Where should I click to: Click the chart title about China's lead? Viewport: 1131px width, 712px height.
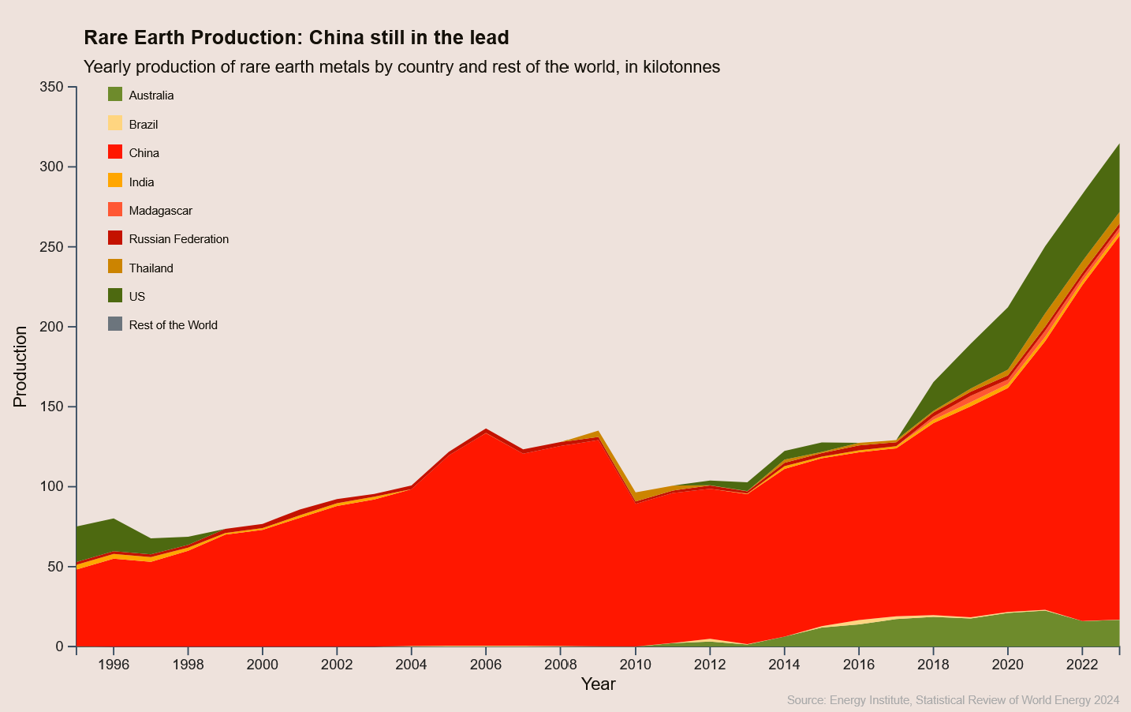[296, 37]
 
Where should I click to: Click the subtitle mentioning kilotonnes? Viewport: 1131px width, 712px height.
[401, 67]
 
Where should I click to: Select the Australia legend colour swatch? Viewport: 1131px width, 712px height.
[115, 95]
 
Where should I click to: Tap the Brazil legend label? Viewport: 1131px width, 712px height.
[144, 125]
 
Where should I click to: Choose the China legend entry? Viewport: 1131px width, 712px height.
[144, 153]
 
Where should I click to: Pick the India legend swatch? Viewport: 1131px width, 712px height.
[115, 181]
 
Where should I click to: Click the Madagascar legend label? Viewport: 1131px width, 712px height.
[160, 211]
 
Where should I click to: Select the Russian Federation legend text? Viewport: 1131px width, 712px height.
[178, 239]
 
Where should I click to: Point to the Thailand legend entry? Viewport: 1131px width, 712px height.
[151, 268]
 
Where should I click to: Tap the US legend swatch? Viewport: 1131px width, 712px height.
[115, 296]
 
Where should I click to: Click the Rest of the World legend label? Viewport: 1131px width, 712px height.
[173, 325]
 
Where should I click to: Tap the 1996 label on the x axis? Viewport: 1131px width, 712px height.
[114, 665]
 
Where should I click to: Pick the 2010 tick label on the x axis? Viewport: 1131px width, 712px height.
[635, 665]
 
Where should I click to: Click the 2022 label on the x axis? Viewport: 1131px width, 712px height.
[1082, 665]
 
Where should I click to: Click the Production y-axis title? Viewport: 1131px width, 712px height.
[20, 366]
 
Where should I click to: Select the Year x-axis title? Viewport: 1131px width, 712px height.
[598, 684]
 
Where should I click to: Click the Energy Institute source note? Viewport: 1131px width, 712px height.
[953, 700]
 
